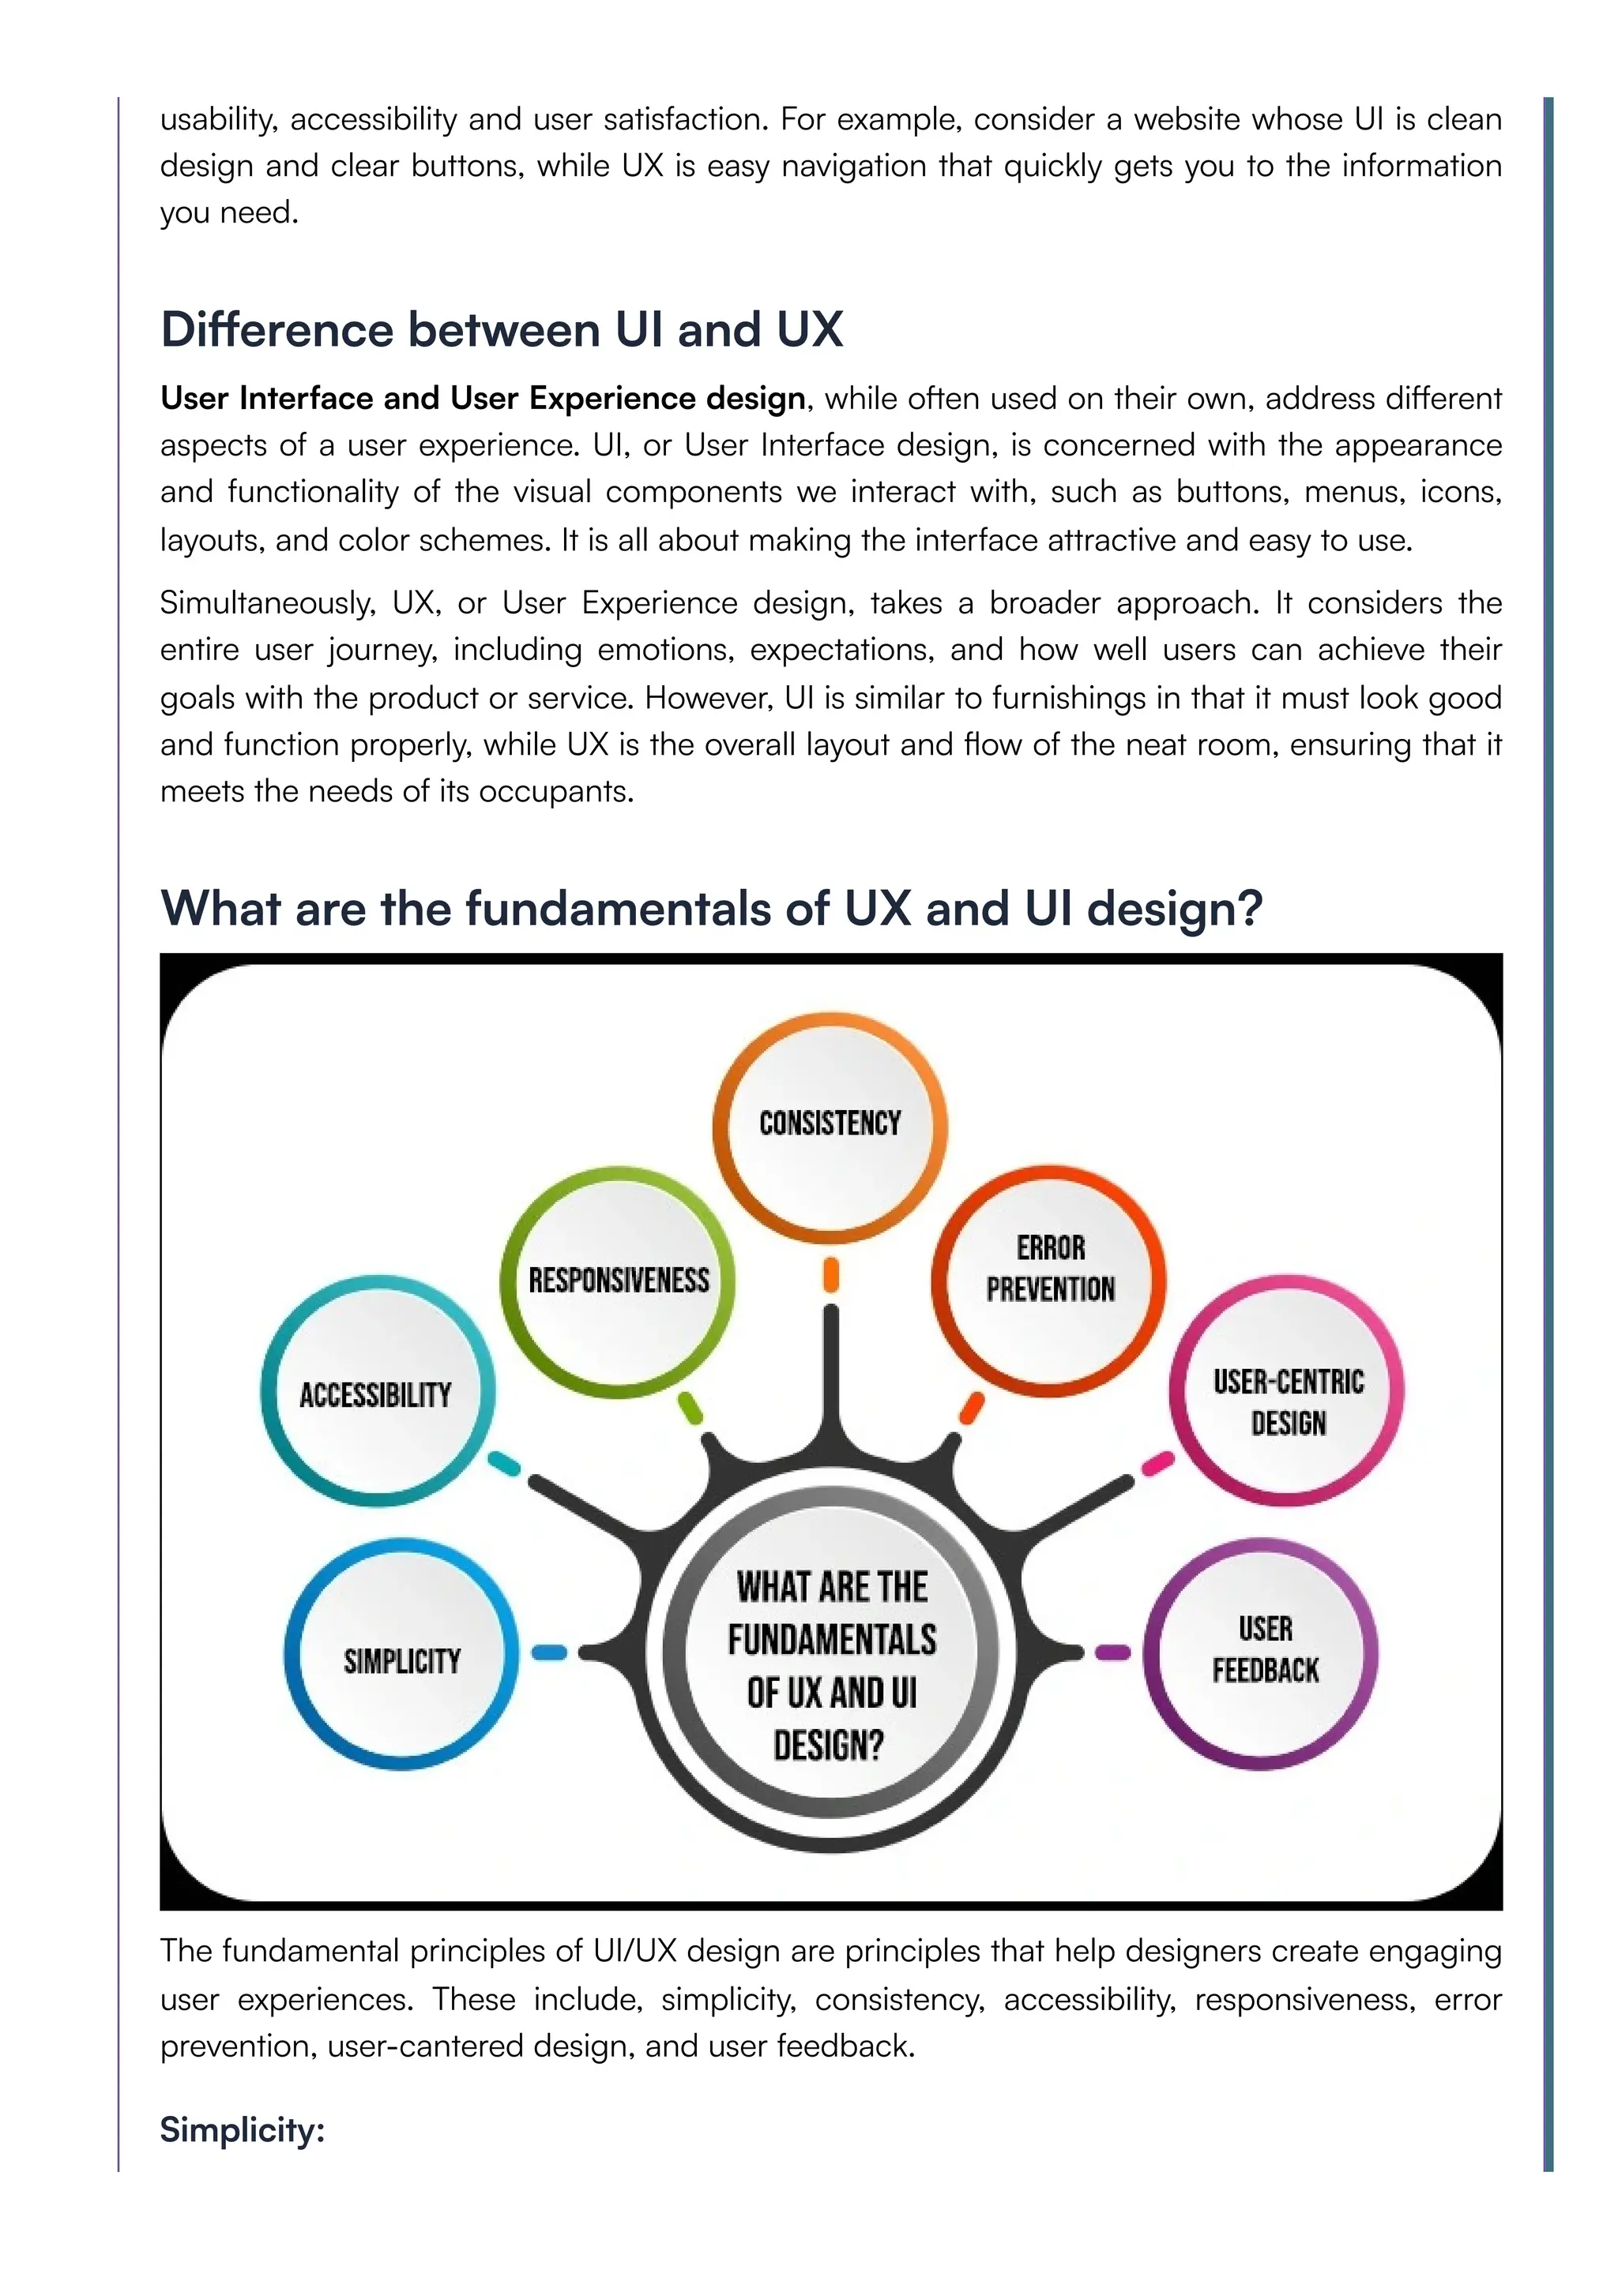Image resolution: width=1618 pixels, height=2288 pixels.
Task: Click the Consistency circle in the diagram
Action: [830, 1126]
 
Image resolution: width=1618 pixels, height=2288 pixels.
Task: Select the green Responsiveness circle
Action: [618, 1281]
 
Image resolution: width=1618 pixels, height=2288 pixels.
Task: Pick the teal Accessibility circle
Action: [377, 1392]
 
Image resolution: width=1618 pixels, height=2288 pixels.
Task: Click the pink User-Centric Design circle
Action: [1287, 1391]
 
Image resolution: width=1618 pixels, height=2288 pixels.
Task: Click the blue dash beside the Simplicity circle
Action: [548, 1652]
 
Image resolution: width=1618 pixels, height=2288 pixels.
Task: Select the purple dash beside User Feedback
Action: [1112, 1652]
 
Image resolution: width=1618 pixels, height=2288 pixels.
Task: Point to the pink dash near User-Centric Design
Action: [1157, 1464]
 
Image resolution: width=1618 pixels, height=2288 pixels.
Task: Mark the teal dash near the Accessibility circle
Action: [503, 1464]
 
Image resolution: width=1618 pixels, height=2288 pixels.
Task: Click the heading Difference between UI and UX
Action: [502, 330]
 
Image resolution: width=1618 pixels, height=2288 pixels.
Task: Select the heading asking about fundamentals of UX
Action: [711, 909]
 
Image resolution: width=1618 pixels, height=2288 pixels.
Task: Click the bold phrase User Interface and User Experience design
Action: [483, 399]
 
